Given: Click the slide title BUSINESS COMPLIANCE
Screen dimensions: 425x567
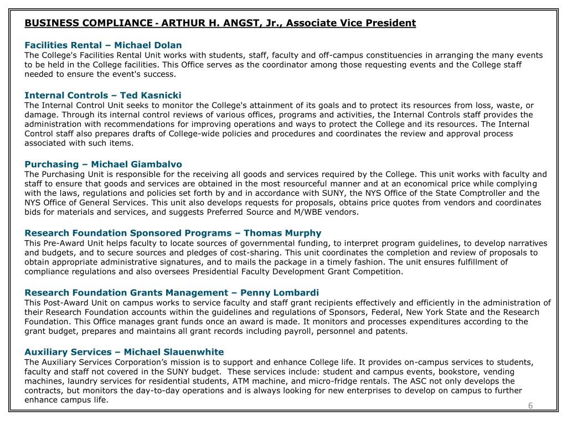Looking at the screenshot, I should [x=89, y=23].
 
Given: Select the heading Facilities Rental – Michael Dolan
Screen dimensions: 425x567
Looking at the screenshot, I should [x=103, y=45].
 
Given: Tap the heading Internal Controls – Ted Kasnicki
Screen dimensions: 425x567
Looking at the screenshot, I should [x=103, y=95].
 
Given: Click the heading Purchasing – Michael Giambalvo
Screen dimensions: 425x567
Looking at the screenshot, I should [x=103, y=164].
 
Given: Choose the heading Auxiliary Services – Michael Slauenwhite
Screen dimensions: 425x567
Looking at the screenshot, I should [x=124, y=352].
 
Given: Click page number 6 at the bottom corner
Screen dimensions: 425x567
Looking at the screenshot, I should [x=530, y=406].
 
